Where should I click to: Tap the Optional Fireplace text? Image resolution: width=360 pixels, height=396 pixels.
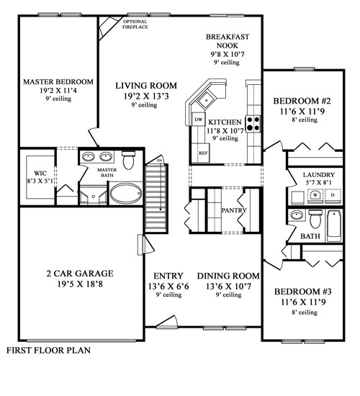135,25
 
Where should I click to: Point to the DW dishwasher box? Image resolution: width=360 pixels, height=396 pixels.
198,120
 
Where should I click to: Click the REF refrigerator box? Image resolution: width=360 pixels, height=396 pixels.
203,153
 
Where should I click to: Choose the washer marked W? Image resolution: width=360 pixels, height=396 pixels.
315,194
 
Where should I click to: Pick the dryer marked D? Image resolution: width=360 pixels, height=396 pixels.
333,194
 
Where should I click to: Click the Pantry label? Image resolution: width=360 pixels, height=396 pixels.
235,210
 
